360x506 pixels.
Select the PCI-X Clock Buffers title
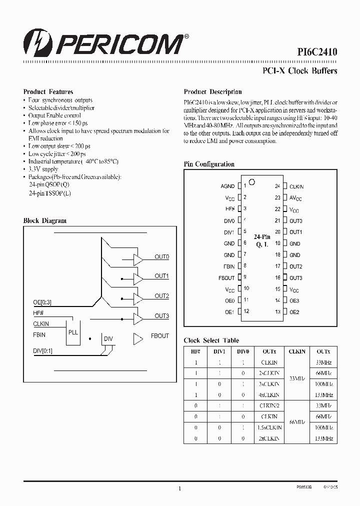300,70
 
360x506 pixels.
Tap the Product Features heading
48,91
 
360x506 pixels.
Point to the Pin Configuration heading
209,164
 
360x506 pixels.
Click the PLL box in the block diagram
73,332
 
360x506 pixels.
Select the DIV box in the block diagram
108,339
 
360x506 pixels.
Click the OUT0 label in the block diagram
161,256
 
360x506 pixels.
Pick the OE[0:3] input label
42,302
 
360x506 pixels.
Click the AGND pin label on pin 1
227,186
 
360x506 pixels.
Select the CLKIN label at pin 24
296,186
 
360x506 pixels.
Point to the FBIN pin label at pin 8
229,266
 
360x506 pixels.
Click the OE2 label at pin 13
294,312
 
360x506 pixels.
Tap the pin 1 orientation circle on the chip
252,182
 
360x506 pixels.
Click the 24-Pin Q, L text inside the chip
261,240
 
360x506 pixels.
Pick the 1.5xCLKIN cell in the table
269,427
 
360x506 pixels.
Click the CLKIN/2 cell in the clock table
269,406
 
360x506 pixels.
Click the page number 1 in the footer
179,488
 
